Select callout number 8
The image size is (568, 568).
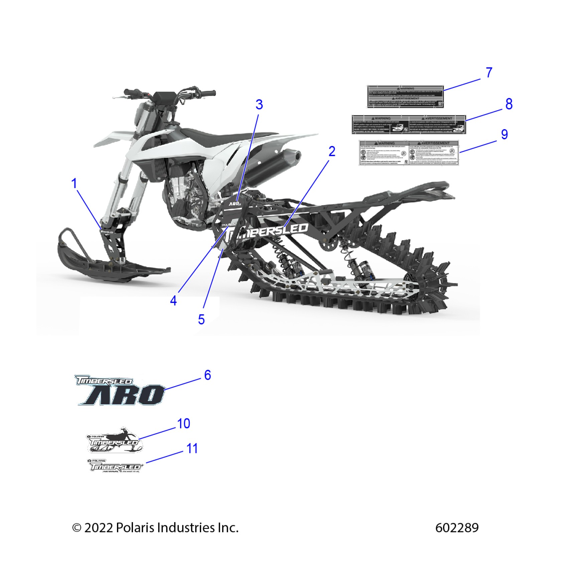pos(509,104)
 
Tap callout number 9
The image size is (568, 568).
pos(504,134)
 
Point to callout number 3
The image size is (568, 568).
pos(259,105)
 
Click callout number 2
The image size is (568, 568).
pos(331,152)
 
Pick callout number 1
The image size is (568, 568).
pos(74,183)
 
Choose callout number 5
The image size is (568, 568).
pos(201,319)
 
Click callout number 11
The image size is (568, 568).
pos(192,448)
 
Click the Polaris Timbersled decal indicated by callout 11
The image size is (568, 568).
pos(116,466)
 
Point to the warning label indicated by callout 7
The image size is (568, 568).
pos(406,97)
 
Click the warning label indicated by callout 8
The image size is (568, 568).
pos(409,125)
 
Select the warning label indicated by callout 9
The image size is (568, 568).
pos(409,153)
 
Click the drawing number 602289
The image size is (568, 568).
pos(457,528)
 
